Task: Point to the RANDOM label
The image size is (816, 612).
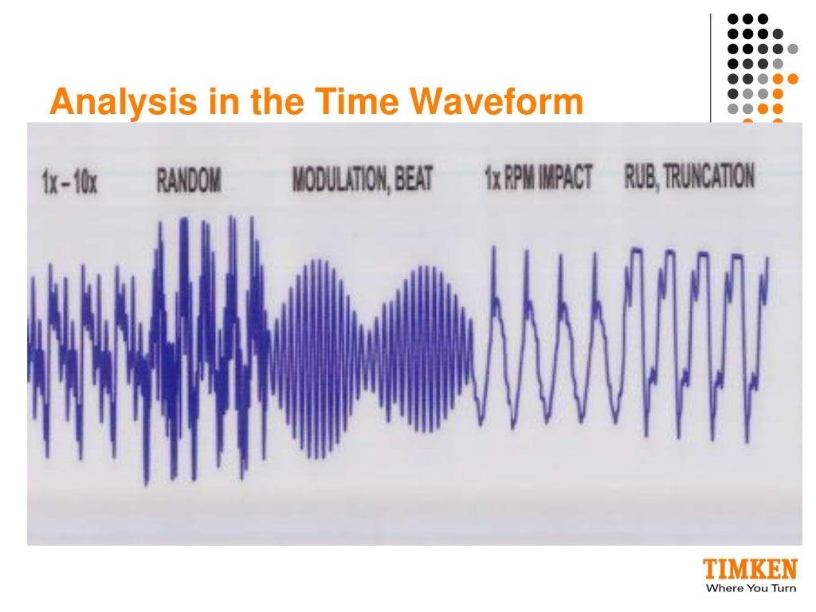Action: point(188,182)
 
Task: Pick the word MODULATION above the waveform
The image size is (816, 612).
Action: point(339,180)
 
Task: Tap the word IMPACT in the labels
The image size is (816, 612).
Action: point(567,178)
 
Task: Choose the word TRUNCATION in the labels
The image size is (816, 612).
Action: point(709,176)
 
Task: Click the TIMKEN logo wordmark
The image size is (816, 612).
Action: point(749,571)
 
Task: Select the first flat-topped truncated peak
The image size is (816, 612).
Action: point(635,252)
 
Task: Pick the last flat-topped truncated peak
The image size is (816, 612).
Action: point(737,257)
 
